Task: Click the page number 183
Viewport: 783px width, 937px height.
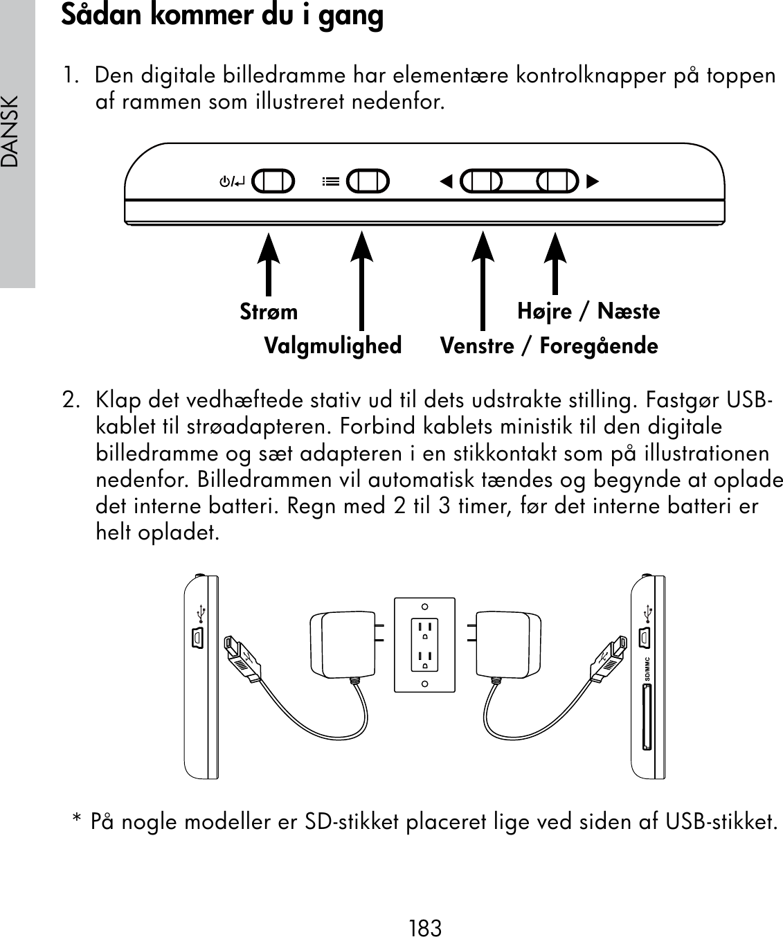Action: click(425, 927)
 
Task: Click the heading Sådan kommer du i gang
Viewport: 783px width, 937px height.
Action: click(222, 16)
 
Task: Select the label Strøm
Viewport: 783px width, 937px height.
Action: click(269, 312)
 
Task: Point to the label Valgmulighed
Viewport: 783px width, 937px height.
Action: click(333, 346)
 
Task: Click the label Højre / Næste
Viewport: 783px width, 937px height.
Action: click(588, 312)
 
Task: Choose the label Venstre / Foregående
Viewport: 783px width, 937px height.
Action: click(549, 346)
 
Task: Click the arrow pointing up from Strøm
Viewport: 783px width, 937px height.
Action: click(269, 264)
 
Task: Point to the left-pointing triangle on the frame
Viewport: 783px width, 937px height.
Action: click(446, 182)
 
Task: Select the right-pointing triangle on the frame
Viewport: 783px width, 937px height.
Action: click(592, 182)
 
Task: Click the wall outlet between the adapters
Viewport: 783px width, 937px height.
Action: click(424, 645)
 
